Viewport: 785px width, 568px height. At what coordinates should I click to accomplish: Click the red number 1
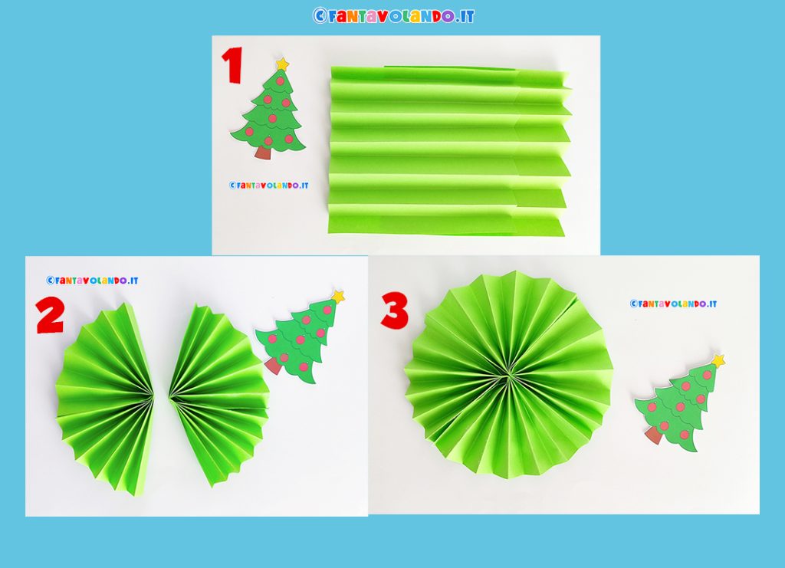tap(233, 65)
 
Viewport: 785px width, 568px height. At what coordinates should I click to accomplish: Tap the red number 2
tap(50, 315)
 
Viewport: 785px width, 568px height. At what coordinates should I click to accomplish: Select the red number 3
tap(395, 310)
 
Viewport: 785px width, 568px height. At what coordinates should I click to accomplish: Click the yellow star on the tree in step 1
tap(282, 64)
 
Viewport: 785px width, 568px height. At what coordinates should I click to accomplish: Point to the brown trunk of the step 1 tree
tap(263, 152)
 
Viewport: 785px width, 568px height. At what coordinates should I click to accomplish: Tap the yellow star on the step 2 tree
tap(338, 296)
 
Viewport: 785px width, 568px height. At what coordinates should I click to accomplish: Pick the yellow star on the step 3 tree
tap(718, 360)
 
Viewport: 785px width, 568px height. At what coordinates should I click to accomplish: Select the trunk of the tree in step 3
tap(654, 435)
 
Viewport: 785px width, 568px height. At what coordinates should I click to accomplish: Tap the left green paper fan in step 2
tap(105, 398)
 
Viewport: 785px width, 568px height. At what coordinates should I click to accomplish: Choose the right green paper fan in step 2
tap(218, 396)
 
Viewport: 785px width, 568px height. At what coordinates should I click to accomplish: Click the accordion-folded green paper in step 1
tap(449, 150)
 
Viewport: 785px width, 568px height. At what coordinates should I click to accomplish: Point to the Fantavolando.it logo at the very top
tap(393, 16)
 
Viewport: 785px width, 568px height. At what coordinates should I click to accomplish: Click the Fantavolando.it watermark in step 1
tap(269, 186)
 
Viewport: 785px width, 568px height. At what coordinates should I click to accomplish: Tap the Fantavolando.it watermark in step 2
tap(92, 281)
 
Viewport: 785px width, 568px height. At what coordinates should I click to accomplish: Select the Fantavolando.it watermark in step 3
tap(673, 304)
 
